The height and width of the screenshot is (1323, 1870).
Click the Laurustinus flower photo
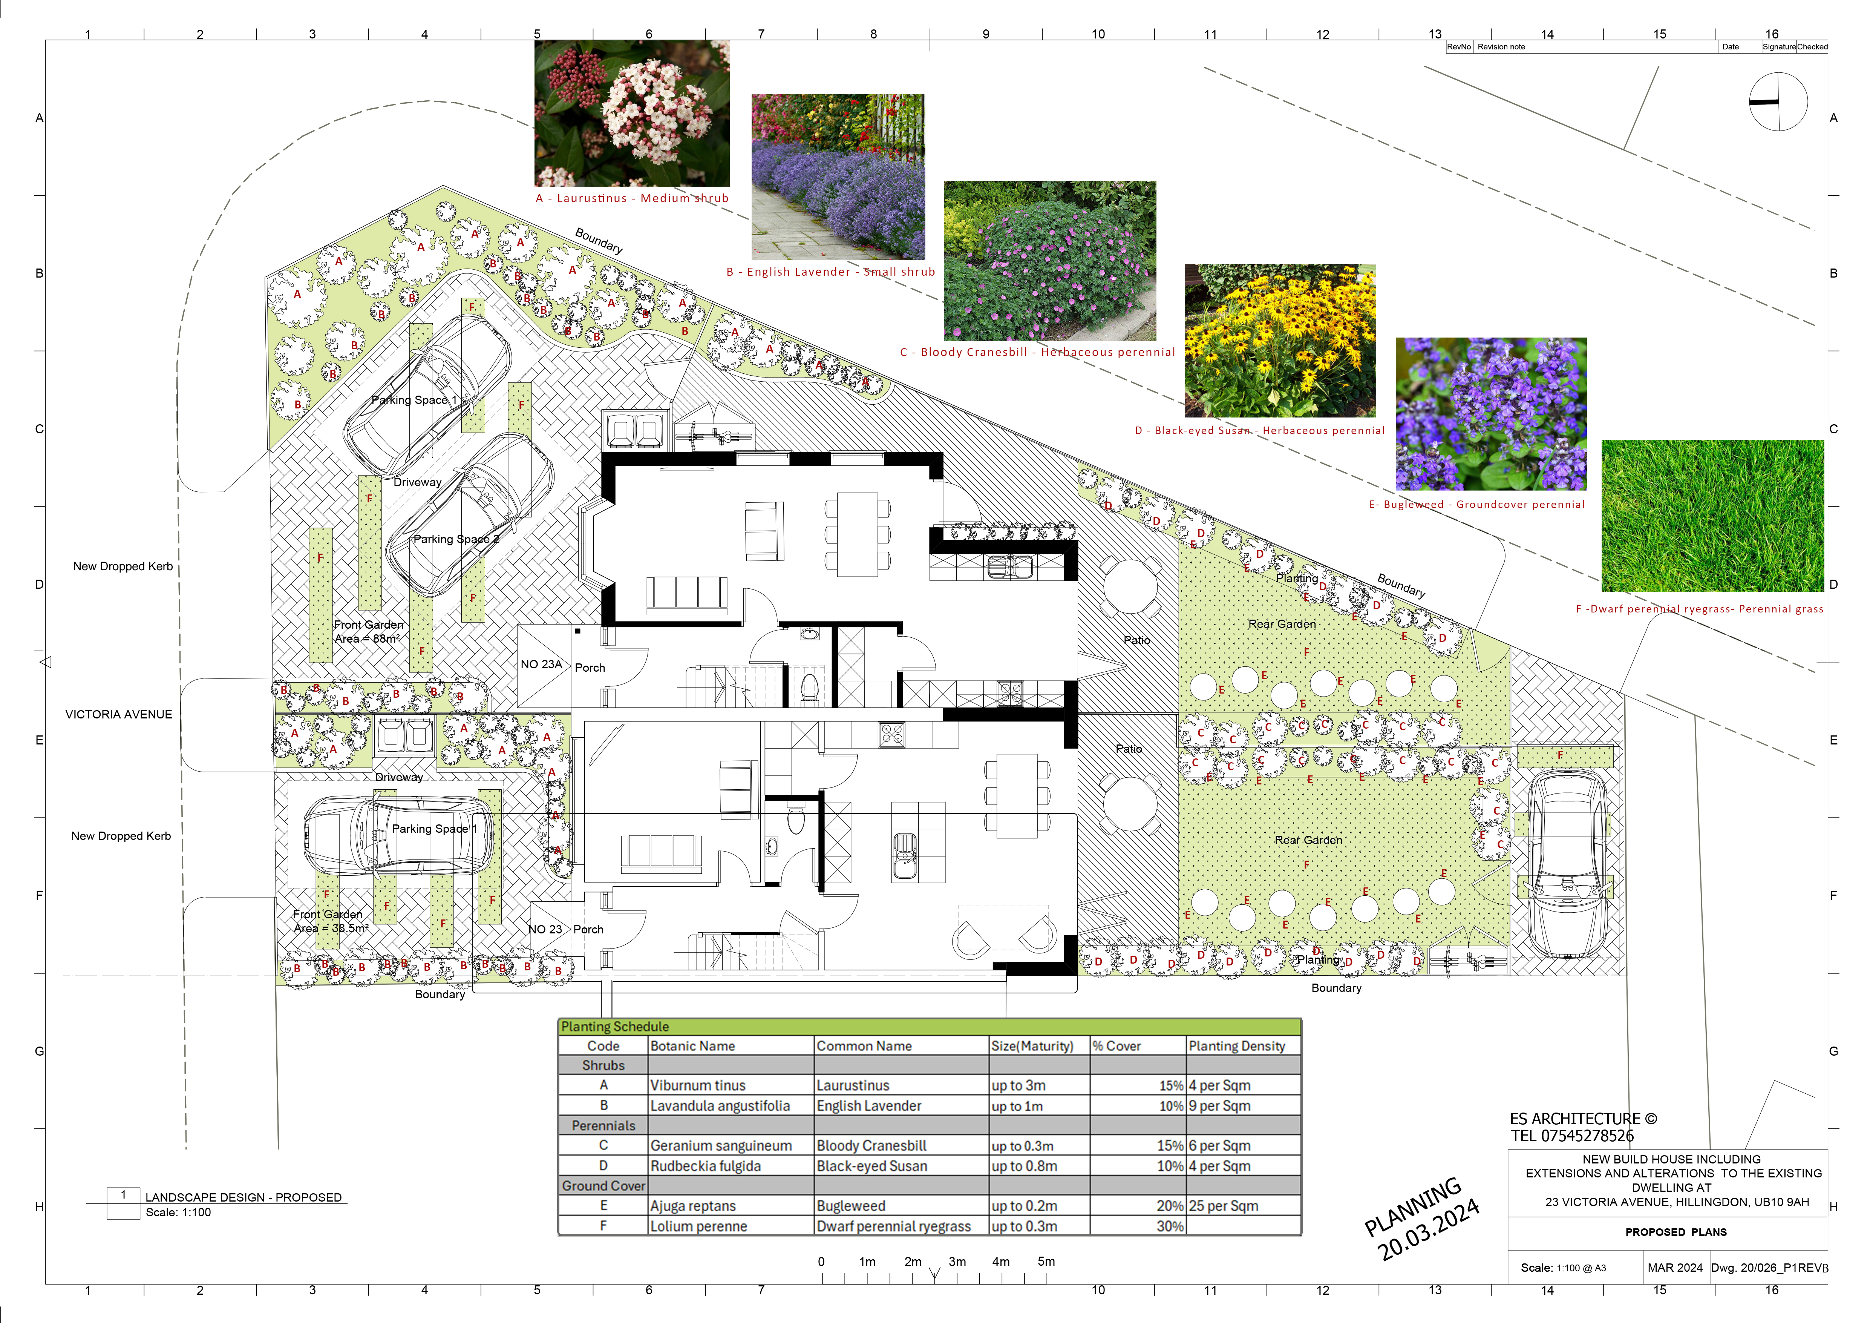631,113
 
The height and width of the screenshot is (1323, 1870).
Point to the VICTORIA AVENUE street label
119,714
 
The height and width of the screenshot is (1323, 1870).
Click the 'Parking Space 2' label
456,539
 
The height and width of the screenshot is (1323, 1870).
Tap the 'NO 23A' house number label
542,664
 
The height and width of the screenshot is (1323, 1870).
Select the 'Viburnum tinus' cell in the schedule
698,1085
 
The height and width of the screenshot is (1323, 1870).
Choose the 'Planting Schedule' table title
615,1027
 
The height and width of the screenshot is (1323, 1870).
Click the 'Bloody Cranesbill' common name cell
871,1145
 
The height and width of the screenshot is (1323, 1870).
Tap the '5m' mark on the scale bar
1046,1261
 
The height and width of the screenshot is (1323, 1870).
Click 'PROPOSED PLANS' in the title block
1676,1232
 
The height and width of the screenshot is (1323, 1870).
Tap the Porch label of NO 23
588,930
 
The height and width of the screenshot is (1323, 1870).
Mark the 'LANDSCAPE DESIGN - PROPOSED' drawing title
244,1197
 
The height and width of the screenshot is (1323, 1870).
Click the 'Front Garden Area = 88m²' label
368,631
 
